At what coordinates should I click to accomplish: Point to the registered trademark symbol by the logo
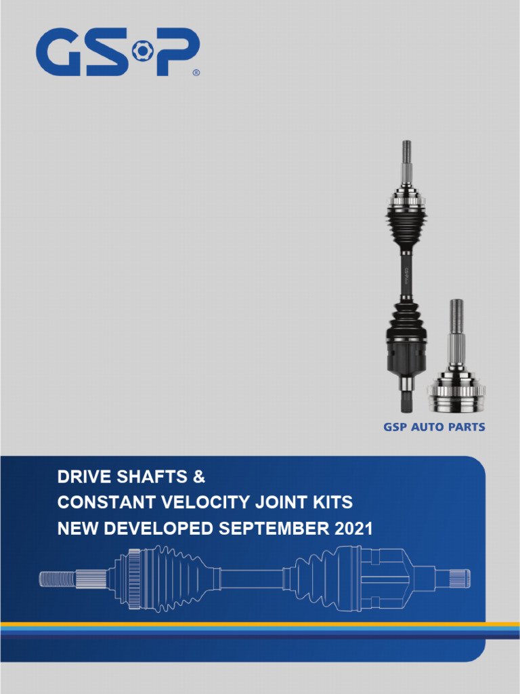pyautogui.click(x=196, y=73)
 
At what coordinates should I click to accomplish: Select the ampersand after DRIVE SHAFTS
pyautogui.click(x=198, y=477)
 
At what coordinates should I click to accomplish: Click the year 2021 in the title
pyautogui.click(x=354, y=529)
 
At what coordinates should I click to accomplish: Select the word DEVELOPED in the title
pyautogui.click(x=154, y=529)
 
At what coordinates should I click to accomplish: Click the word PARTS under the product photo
pyautogui.click(x=468, y=428)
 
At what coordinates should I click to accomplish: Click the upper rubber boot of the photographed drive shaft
pyautogui.click(x=406, y=224)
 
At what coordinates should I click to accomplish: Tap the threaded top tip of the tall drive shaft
pyautogui.click(x=406, y=150)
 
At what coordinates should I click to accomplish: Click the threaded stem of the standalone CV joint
pyautogui.click(x=457, y=319)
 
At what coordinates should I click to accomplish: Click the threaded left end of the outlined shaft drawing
pyautogui.click(x=57, y=579)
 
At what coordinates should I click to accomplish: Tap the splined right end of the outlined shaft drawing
pyautogui.click(x=460, y=579)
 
